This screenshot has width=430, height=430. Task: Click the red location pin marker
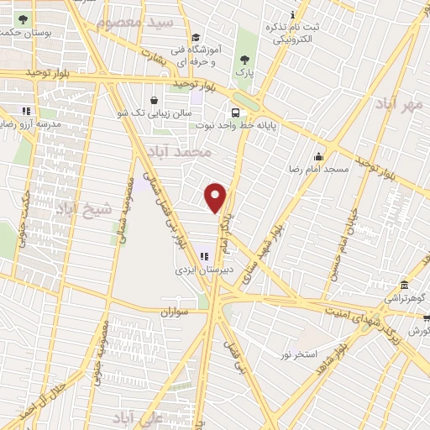tap(217, 197)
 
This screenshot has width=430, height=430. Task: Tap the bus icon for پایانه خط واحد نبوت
tap(235, 113)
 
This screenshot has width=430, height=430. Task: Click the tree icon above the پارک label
tap(244, 59)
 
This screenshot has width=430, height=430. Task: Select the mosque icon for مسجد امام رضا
tap(318, 156)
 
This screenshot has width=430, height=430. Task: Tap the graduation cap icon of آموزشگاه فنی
tap(196, 38)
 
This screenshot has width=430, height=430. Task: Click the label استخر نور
tap(301, 354)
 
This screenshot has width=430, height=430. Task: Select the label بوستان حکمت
tap(22, 32)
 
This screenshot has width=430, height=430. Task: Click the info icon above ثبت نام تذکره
tap(291, 14)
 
